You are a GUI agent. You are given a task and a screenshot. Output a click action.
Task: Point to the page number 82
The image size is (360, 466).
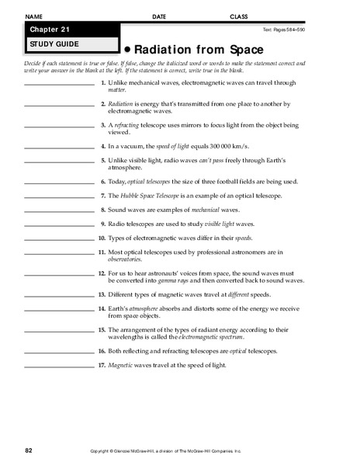[29, 450]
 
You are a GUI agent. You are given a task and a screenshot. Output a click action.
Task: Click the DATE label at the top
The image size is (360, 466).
[159, 16]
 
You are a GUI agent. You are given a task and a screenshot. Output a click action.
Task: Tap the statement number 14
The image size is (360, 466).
[102, 308]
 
